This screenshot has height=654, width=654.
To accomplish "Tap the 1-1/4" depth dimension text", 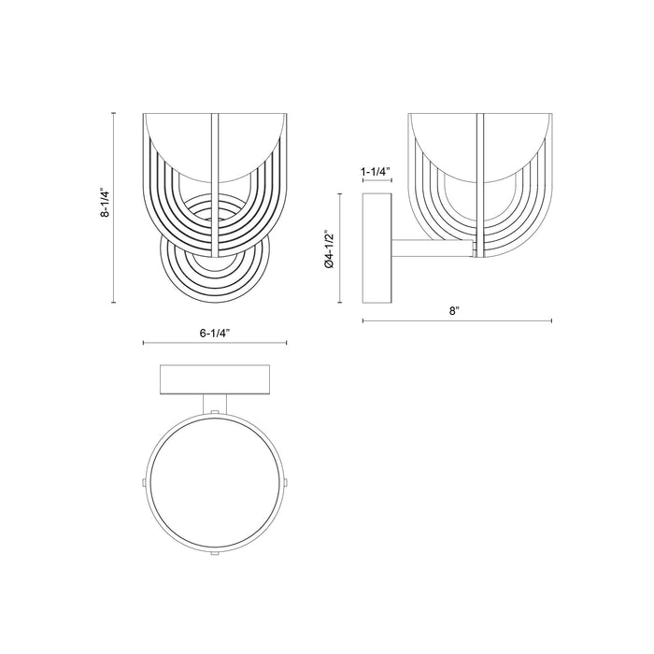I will coord(376,173).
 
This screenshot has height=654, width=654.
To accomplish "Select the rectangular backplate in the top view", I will coord(215,378).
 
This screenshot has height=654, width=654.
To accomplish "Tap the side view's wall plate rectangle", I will coord(377,248).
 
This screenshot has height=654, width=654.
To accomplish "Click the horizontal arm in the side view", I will coord(432,249).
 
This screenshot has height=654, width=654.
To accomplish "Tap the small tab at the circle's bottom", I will coord(216,554).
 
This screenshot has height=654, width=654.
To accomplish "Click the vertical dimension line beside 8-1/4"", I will coord(115,207).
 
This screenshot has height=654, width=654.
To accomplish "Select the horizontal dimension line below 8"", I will coord(457,321).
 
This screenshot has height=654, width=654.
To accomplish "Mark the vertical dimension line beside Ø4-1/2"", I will coord(338,248).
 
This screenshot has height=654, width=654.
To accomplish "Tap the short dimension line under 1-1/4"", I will coord(377,183).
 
